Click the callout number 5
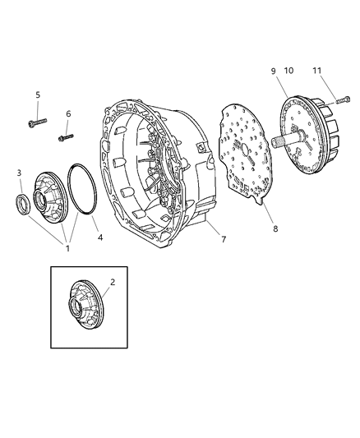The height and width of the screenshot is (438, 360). [x=37, y=95]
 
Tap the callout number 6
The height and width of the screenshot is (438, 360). [x=68, y=114]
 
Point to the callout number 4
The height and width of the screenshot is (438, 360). [x=101, y=238]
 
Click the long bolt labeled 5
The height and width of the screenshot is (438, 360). [x=36, y=122]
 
